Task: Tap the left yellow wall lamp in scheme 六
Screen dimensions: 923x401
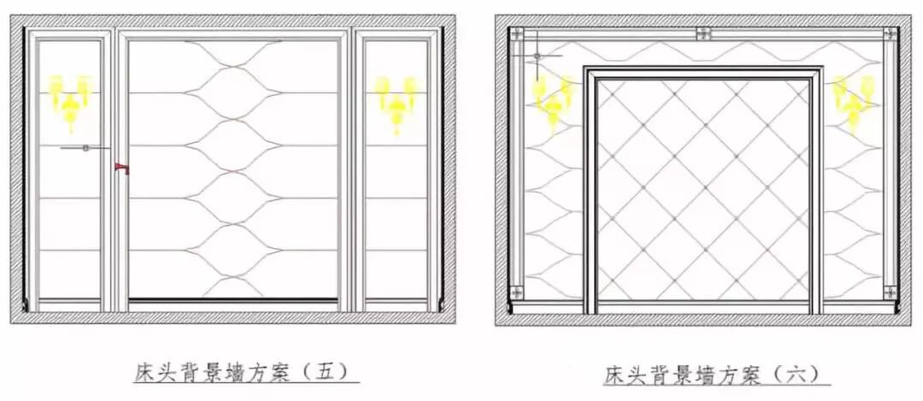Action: click(x=555, y=100)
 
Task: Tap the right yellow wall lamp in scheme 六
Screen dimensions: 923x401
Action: click(x=854, y=101)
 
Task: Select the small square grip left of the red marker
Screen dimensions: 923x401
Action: click(x=85, y=148)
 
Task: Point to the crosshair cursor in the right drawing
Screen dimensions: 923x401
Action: click(x=537, y=56)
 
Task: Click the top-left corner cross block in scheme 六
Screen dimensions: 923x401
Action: click(x=515, y=34)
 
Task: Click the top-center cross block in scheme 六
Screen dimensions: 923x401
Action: click(x=703, y=33)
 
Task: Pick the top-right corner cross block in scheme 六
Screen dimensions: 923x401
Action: click(x=891, y=34)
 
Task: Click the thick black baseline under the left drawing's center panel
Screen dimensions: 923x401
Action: click(x=232, y=299)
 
